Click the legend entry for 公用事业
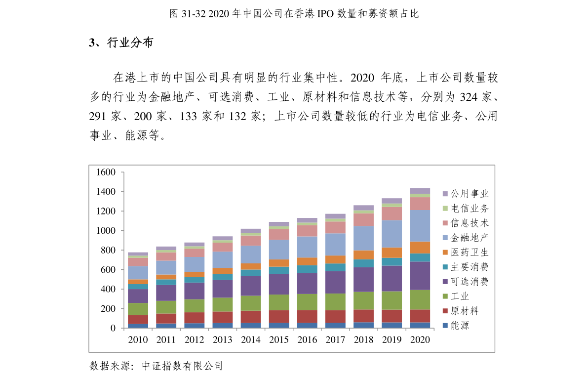coord(466,194)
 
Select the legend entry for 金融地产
coord(466,238)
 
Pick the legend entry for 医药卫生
coord(466,252)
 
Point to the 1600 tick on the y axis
coord(106,172)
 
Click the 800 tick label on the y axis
coord(108,251)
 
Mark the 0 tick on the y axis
coord(113,328)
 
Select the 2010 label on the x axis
coord(138,339)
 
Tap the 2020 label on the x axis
coord(420,339)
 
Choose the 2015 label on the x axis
coord(279,339)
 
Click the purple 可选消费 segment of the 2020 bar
coord(420,276)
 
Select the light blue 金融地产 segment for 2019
coord(392,234)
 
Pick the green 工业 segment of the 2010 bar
coord(138,309)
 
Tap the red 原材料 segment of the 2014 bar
coord(251,317)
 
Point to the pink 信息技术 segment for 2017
coord(335,227)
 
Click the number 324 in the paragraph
coord(469,97)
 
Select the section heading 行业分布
coord(130,42)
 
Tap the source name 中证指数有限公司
coord(182,366)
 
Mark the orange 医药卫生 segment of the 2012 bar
coord(194,274)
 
